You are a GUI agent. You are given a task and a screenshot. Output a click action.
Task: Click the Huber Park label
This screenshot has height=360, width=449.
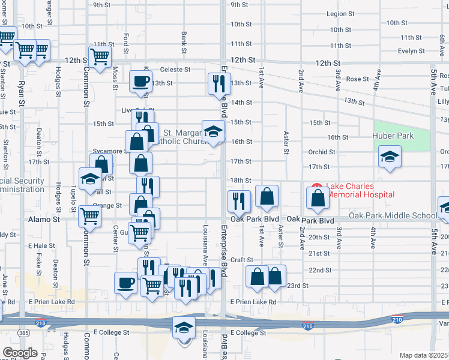click(393, 136)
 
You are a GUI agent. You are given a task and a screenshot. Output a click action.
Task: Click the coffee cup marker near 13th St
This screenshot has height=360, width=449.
click(141, 81)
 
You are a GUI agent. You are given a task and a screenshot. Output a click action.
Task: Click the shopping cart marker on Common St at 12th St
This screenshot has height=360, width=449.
click(100, 57)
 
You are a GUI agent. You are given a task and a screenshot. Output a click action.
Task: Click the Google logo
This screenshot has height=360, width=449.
click(20, 353)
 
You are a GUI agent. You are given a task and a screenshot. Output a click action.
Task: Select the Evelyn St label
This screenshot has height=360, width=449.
click(411, 51)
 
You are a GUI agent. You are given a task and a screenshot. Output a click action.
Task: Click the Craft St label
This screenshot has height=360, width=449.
click(242, 260)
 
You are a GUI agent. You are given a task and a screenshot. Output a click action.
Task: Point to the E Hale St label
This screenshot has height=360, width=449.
click(41, 246)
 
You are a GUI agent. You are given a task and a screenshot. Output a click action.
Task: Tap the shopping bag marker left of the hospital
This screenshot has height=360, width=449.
click(267, 196)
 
